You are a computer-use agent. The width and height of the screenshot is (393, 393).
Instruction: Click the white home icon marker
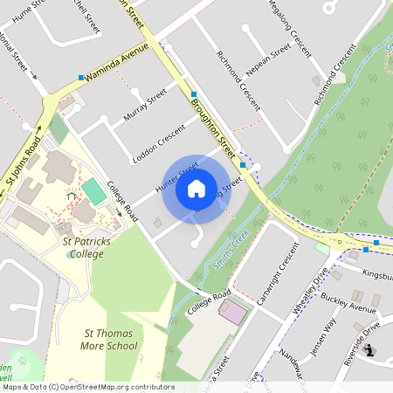196,189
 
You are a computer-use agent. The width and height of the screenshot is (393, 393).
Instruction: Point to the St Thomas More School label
110,339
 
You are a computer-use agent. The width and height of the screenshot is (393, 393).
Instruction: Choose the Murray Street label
145,104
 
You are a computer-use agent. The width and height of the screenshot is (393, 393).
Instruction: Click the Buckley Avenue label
348,302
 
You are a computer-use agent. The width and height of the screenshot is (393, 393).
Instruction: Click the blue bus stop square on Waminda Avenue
81,78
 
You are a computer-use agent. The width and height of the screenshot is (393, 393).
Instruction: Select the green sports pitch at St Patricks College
93,190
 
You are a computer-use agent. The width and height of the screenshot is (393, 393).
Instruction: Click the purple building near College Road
233,311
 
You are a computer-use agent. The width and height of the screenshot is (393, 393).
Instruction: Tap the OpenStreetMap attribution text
87,386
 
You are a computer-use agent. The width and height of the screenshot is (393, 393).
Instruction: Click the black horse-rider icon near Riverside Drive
370,350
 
